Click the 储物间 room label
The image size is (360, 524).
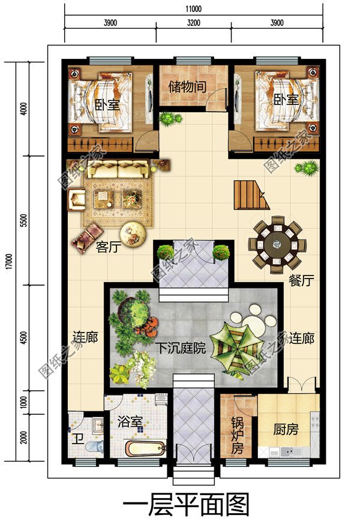click(x=187, y=86)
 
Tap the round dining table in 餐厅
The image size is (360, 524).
click(x=277, y=245)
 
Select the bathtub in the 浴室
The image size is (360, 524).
click(x=146, y=448)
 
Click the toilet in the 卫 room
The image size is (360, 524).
click(x=95, y=446)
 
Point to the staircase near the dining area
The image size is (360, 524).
click(x=251, y=195)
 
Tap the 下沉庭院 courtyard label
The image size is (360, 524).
click(x=181, y=348)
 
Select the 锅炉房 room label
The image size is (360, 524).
click(x=237, y=435)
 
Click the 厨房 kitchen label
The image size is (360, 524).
click(x=286, y=429)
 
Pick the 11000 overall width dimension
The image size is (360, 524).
click(x=193, y=8)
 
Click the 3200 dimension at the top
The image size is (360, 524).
click(x=194, y=23)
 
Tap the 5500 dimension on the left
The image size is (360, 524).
click(x=23, y=220)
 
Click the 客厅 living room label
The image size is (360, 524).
click(x=108, y=247)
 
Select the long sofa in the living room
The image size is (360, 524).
click(x=118, y=169)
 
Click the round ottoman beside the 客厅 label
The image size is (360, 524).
click(x=133, y=234)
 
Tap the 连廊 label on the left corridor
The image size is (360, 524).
click(x=85, y=337)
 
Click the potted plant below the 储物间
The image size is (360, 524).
click(x=170, y=119)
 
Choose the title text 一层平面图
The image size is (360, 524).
click(x=186, y=505)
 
